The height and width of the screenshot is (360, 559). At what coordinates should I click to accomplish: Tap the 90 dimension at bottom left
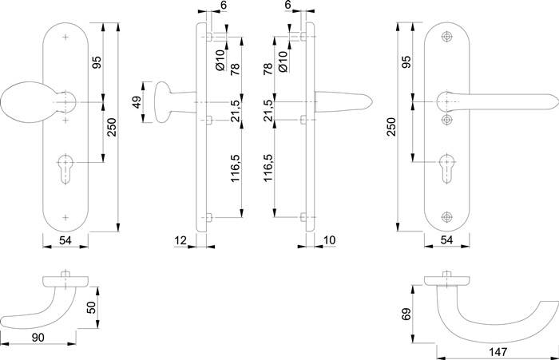(x=38, y=338)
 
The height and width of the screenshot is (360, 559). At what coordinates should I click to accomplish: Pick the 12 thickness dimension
(x=179, y=240)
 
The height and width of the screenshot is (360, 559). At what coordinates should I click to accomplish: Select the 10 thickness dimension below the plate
(x=330, y=240)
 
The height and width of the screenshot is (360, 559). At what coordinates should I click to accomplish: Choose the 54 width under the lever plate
(x=449, y=240)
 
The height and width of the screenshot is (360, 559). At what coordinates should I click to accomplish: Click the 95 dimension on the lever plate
(x=406, y=62)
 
